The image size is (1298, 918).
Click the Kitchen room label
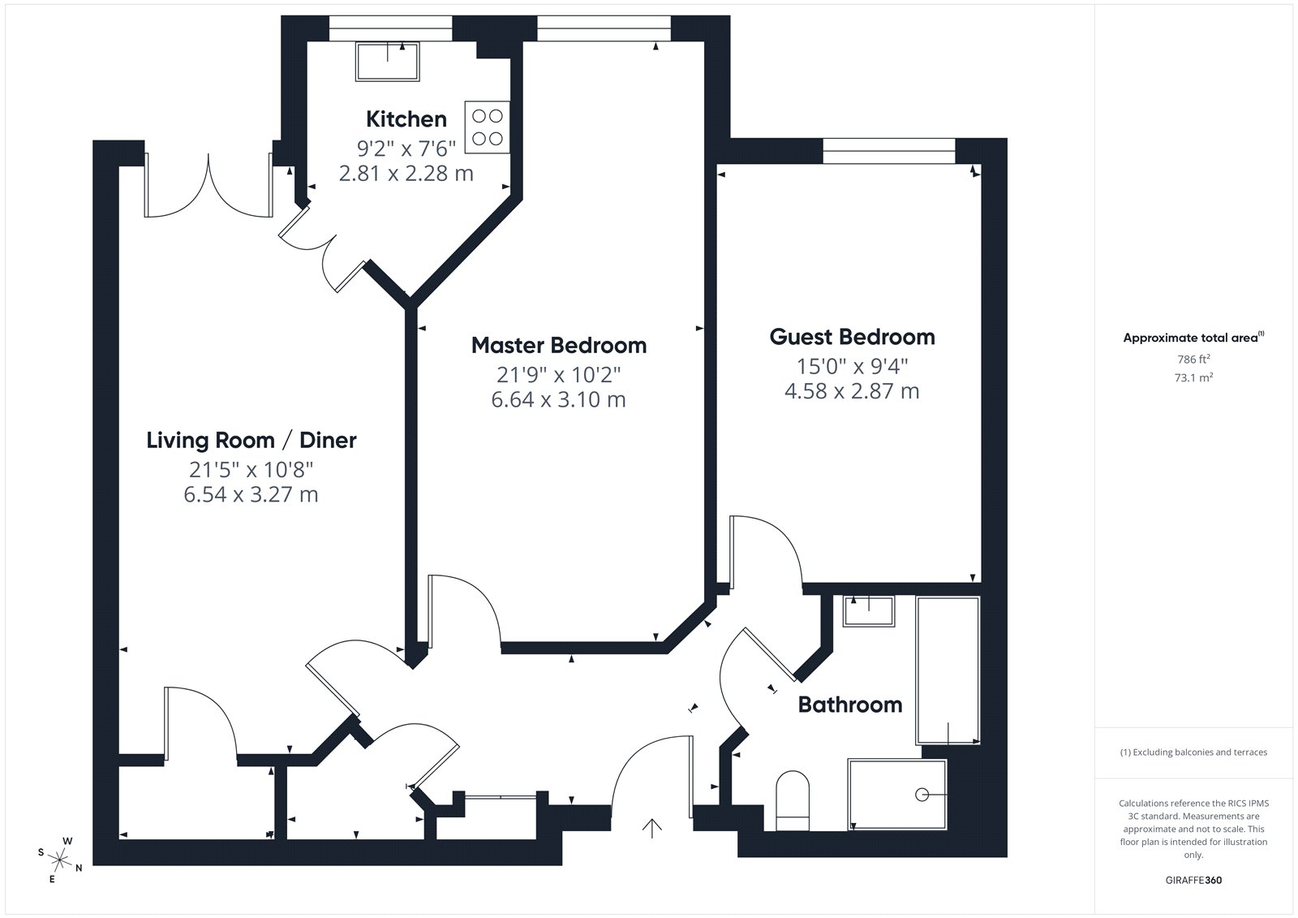406,119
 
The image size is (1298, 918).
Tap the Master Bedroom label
559,346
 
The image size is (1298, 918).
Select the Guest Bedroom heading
852,337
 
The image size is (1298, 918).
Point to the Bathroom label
850,705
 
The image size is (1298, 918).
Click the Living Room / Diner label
251,441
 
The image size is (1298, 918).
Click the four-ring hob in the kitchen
487,127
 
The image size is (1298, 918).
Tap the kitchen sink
388,61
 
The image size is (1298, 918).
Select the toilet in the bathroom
792,800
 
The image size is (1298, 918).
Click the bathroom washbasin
869,610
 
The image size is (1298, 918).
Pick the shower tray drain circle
922,795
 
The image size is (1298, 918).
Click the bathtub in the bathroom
948,670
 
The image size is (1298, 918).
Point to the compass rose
60,860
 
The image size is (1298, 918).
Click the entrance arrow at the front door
652,828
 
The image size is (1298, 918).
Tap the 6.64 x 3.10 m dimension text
559,399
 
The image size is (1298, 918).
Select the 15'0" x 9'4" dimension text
852,367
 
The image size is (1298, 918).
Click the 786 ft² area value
1193,359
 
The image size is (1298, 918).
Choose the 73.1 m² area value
1193,377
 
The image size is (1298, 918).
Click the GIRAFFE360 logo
1193,880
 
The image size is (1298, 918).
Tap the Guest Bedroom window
889,151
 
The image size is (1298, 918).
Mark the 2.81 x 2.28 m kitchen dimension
406,174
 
